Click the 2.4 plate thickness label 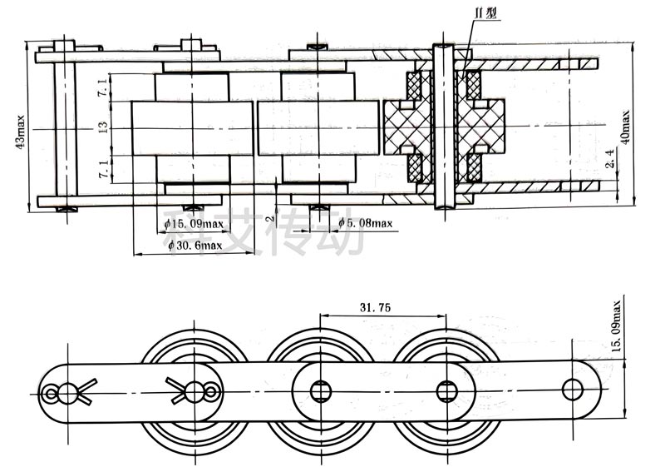611,158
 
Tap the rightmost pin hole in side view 573,388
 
